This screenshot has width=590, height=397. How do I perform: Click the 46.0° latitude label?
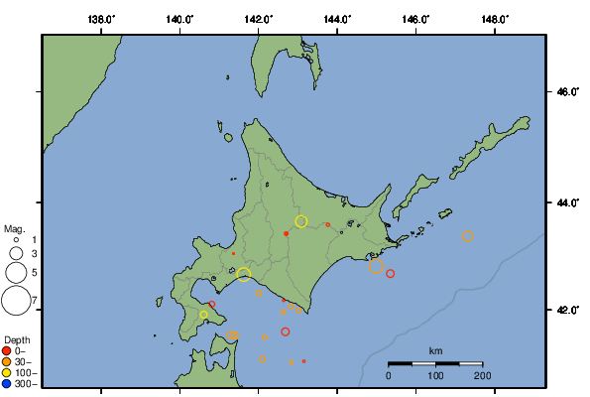[x=566, y=92]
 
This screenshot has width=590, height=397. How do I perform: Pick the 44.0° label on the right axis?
[x=566, y=202]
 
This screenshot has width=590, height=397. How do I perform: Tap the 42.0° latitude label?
[x=566, y=310]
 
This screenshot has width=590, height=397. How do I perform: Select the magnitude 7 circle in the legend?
[x=16, y=299]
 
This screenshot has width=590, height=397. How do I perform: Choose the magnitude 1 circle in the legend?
[x=16, y=239]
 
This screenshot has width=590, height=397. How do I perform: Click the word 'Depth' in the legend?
[x=15, y=340]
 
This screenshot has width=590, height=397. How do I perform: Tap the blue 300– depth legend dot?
[x=7, y=382]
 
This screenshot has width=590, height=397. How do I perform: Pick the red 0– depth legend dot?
[x=7, y=351]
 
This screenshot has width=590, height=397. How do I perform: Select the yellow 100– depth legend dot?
[x=7, y=372]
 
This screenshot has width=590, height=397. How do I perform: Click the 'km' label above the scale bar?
[x=435, y=351]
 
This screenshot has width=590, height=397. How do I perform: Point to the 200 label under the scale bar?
[x=482, y=375]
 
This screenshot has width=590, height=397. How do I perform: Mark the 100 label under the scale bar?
[x=435, y=375]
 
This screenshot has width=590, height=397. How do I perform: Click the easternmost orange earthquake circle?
[x=468, y=236]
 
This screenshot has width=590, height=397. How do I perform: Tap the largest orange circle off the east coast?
[x=376, y=266]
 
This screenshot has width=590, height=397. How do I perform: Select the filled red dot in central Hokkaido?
[x=287, y=233]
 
